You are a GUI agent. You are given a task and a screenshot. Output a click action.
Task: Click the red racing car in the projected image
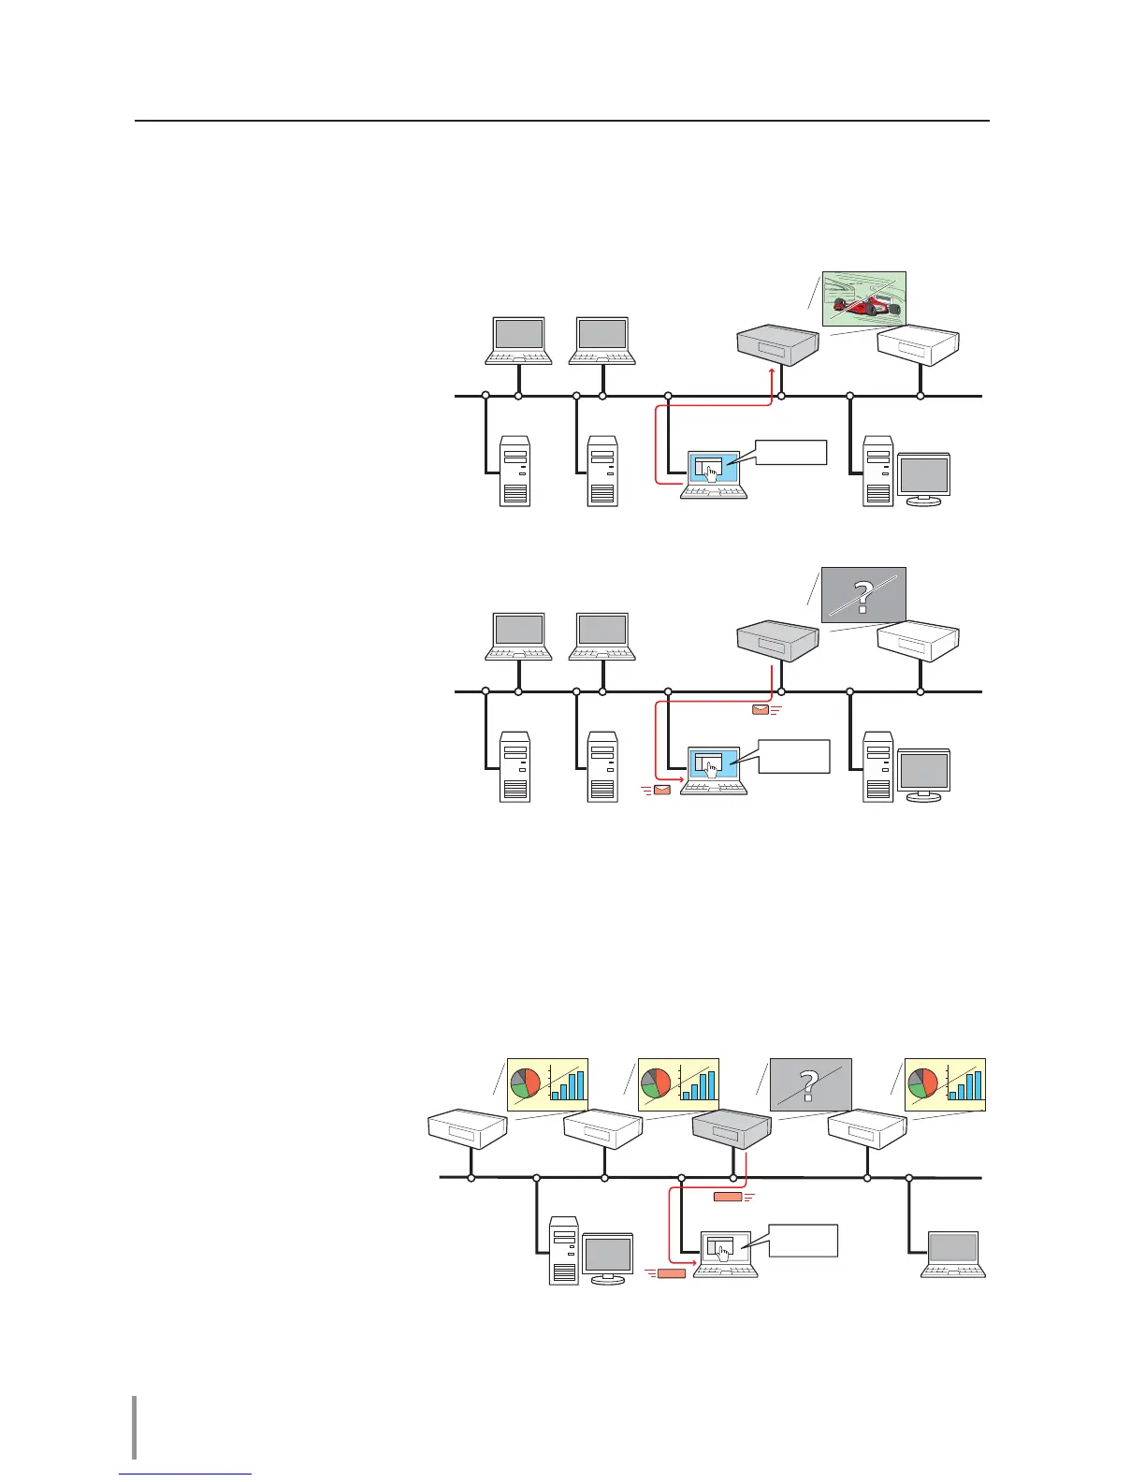[865, 305]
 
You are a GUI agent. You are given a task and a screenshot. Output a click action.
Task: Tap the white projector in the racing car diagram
[919, 346]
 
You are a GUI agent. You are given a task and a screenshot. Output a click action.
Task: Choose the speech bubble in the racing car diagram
[790, 451]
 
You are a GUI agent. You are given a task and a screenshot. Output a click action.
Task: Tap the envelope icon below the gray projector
[761, 709]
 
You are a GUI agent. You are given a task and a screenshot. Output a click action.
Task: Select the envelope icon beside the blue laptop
[662, 791]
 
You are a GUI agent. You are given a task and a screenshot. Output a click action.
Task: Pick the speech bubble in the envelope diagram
[793, 756]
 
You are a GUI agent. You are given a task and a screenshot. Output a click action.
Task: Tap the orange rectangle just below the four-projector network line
[728, 1197]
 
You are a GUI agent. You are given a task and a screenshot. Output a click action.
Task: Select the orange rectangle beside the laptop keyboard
[672, 1272]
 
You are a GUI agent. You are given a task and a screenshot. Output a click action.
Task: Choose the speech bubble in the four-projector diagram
[802, 1240]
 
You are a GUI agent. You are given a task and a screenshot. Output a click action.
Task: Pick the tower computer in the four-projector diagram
[564, 1249]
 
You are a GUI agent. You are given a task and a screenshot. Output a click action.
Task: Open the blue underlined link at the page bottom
[186, 1475]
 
